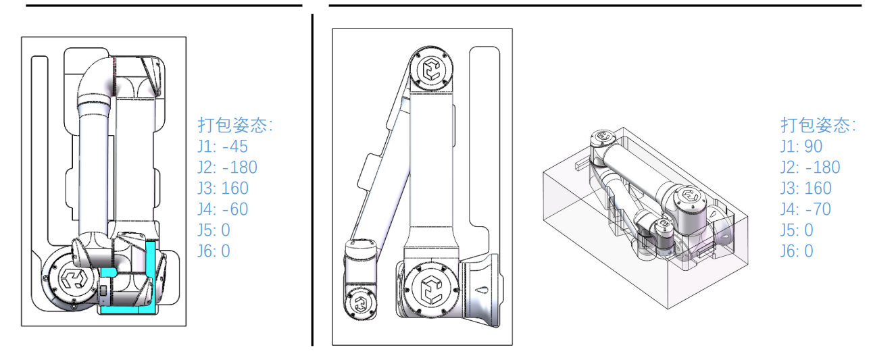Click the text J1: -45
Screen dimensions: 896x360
[223, 147]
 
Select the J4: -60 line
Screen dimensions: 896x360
[223, 209]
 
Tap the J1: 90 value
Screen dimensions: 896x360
[801, 147]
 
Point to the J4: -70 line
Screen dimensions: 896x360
[805, 209]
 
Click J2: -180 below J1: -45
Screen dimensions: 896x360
[227, 168]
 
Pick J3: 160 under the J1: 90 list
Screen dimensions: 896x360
[806, 188]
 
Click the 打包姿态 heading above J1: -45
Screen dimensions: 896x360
[235, 125]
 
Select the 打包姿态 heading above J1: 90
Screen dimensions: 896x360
[818, 125]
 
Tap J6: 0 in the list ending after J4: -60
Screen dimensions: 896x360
[214, 251]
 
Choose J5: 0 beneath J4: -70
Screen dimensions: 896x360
[797, 230]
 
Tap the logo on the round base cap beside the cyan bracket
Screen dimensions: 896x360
[72, 278]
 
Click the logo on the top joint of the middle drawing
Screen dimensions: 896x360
[432, 69]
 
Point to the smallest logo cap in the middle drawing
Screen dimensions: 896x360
[361, 303]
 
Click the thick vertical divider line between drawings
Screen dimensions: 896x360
[312, 180]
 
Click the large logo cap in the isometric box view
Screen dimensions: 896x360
[690, 196]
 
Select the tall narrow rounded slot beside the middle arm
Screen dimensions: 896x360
[484, 136]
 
